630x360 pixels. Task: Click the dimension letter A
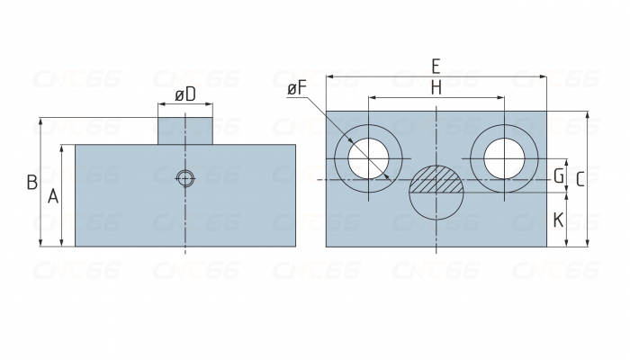pos(53,197)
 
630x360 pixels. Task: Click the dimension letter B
pos(32,182)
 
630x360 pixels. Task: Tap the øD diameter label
pos(185,94)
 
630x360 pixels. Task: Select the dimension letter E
pos(436,67)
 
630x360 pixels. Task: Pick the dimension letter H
pos(436,87)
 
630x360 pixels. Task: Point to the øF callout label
pos(297,89)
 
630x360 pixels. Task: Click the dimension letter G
pos(559,176)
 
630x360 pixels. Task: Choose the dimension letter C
pos(580,180)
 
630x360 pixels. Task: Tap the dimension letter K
pos(559,220)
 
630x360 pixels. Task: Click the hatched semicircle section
pos(436,179)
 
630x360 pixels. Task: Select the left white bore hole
pos(368,158)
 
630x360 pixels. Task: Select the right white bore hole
pos(504,158)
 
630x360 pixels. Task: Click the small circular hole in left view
pos(185,178)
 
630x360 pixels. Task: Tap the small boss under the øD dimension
pos(184,131)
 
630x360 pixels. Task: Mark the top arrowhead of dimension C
pos(588,115)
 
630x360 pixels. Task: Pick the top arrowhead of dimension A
pos(61,148)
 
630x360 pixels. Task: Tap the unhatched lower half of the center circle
pos(436,206)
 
